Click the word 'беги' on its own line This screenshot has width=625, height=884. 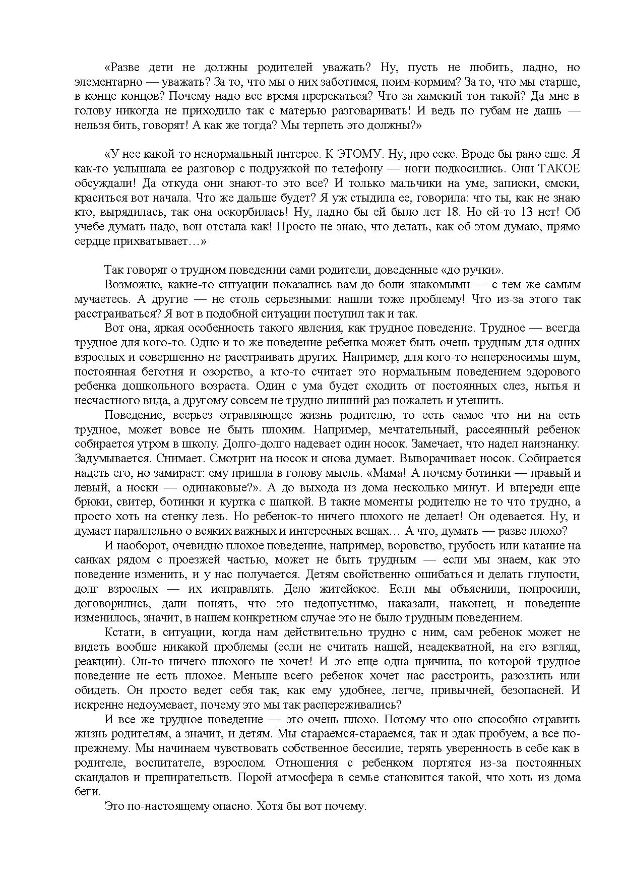tap(84, 792)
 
